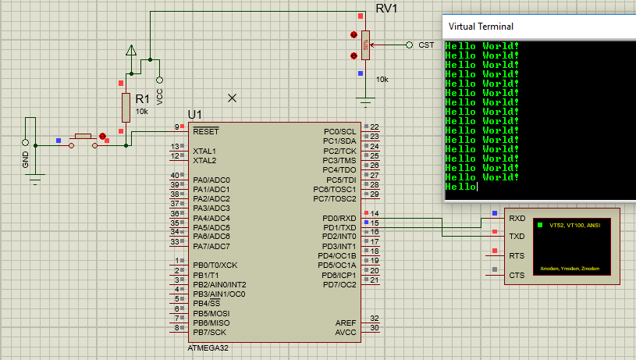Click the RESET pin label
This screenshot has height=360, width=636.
206,131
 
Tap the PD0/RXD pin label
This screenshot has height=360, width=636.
339,218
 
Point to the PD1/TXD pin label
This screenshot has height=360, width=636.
339,227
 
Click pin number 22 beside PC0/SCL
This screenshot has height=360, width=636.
375,127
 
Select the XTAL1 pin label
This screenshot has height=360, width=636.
204,151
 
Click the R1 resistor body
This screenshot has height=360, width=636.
126,107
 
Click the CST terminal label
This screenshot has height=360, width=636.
426,45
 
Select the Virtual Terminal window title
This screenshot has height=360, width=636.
481,27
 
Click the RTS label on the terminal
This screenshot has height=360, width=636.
517,256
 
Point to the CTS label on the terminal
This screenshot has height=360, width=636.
517,275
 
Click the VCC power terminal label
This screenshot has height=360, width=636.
160,96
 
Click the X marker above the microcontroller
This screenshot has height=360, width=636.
232,98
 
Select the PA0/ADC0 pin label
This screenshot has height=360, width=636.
211,180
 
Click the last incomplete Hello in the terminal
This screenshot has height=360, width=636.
460,187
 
